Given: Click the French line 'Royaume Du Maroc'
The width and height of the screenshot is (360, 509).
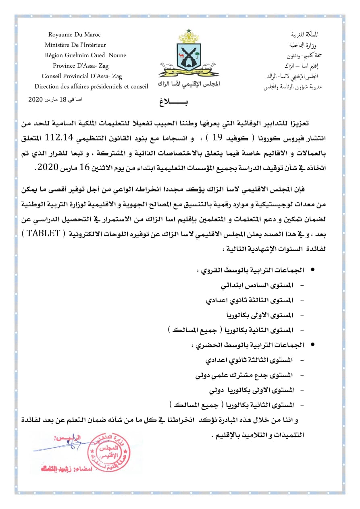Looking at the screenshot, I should [75, 35].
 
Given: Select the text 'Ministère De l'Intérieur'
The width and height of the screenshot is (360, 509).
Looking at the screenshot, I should [75, 45].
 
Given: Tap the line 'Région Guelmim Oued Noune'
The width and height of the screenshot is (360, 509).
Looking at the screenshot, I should [85, 55].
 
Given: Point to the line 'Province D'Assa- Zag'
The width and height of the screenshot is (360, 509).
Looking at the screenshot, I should [81, 66].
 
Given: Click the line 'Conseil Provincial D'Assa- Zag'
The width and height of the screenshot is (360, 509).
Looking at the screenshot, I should [82, 76].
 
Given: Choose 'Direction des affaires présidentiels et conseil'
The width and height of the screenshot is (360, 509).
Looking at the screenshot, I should [91, 86].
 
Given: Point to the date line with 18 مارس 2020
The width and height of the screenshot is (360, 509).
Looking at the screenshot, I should [55, 100].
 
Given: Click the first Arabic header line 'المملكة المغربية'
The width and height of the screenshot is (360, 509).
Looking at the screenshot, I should [306, 35].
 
